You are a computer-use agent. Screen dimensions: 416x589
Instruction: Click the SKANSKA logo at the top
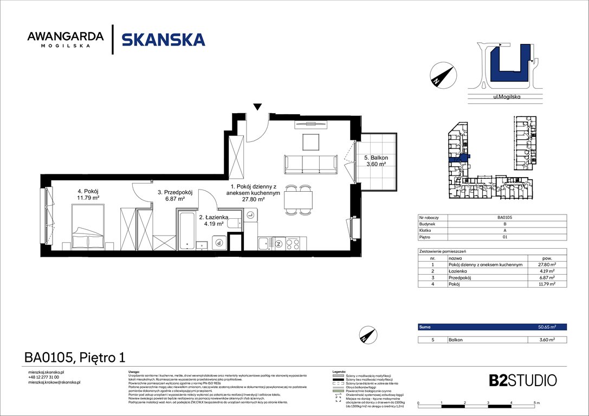point(163,40)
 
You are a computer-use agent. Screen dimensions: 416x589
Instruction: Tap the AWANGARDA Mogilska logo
point(66,39)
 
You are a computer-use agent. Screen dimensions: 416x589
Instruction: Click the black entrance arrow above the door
point(258,107)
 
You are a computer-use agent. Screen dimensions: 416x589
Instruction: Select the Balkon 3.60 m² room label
point(376,161)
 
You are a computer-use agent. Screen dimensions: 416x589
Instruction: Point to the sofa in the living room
point(310,163)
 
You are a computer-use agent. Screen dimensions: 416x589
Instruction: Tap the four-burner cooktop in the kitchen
point(293,243)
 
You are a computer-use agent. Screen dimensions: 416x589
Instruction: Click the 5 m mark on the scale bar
point(535,404)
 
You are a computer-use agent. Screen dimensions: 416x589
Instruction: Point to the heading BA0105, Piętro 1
point(75,357)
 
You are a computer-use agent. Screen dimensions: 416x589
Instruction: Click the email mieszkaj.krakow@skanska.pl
point(54,382)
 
